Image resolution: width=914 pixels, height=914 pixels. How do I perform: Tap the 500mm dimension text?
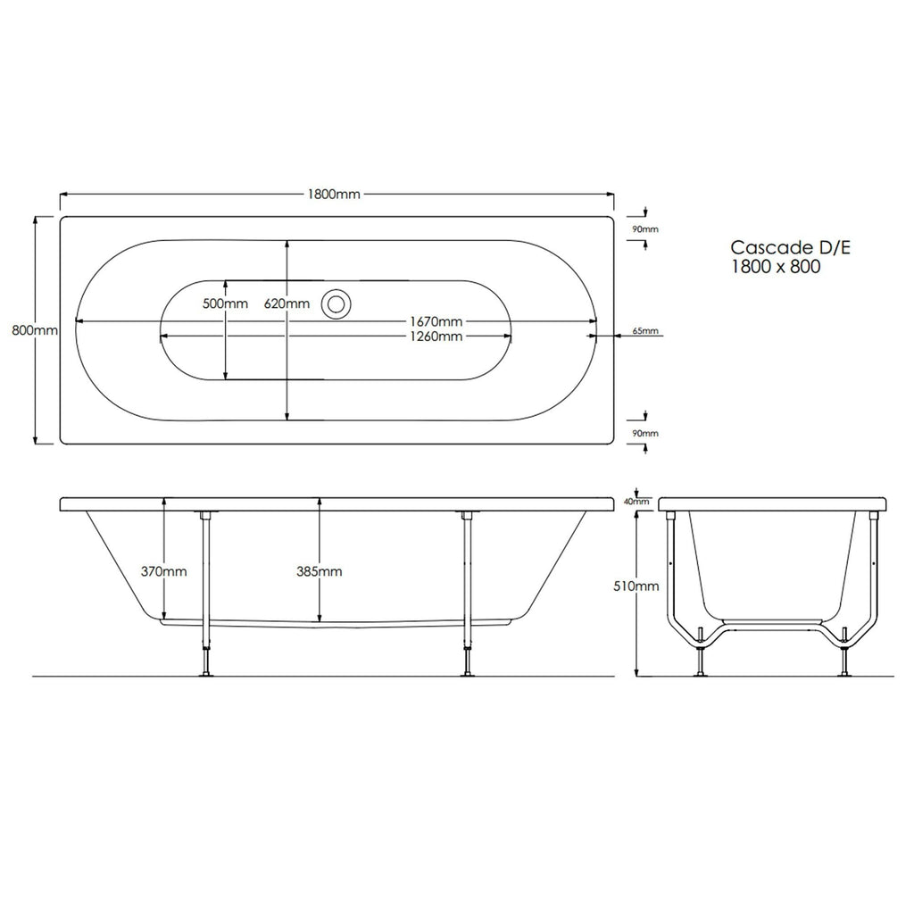point(225,303)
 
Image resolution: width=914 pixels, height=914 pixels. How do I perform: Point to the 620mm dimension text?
point(287,303)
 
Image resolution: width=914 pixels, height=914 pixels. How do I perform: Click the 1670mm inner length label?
point(436,321)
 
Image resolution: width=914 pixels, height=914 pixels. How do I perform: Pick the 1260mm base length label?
point(436,337)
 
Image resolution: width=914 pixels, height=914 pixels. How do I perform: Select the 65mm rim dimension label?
point(644,331)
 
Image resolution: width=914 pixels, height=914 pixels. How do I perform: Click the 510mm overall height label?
point(636,586)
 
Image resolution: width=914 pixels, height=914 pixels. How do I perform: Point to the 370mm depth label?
point(164,571)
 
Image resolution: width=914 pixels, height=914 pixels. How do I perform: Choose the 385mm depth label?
point(320,571)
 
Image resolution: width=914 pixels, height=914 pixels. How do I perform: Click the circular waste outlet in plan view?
point(337,303)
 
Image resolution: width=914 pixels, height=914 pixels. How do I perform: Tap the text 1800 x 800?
point(775,266)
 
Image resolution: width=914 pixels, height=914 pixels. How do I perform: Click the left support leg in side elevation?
point(206,594)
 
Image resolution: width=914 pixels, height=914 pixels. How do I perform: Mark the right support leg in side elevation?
point(465,594)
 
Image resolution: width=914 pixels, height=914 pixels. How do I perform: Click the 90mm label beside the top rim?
point(644,229)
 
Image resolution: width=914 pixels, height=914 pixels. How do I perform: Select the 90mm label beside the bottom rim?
point(644,433)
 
